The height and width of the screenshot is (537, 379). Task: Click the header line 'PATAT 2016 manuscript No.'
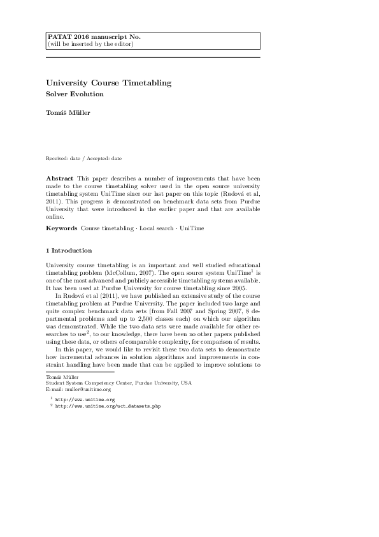click(94, 37)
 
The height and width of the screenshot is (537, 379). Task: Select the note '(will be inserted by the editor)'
click(90, 44)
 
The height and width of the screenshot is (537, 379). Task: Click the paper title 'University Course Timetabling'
click(108, 83)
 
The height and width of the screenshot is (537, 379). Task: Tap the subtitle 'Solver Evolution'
click(75, 94)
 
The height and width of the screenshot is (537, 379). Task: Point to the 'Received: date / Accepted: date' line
click(83, 158)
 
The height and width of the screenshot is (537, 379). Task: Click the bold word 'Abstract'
click(59, 178)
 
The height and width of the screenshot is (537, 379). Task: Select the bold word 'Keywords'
click(61, 228)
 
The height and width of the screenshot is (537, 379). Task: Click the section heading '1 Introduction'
click(69, 251)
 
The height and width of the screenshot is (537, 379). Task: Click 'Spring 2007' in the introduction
click(226, 311)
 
